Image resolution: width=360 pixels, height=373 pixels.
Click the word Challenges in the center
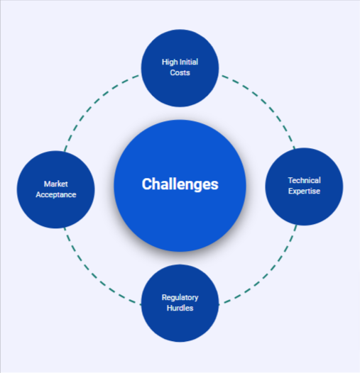point(180,184)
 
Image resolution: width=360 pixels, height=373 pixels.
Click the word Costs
point(180,72)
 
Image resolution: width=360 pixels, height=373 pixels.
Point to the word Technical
point(304,180)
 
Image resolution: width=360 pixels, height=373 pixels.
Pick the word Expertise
point(304,191)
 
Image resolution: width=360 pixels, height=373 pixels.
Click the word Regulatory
point(180,298)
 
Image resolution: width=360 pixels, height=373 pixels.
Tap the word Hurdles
point(180,308)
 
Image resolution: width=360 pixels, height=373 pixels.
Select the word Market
point(56,184)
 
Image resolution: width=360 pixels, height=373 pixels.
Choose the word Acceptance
point(56,194)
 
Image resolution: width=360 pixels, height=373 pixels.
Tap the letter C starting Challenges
point(147,184)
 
